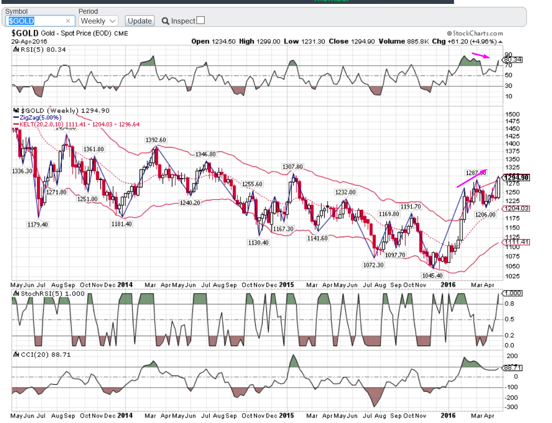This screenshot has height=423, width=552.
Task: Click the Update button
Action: tap(140, 21)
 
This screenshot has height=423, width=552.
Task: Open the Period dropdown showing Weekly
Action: tap(98, 21)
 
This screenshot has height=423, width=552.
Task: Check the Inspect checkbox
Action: tap(200, 21)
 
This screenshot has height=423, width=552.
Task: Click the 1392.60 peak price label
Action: tap(156, 140)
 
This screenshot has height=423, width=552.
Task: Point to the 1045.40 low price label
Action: tap(432, 275)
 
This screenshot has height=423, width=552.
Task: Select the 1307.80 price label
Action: tap(292, 167)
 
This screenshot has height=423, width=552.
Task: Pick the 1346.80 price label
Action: tap(205, 154)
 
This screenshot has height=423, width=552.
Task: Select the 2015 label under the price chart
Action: tap(286, 285)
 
